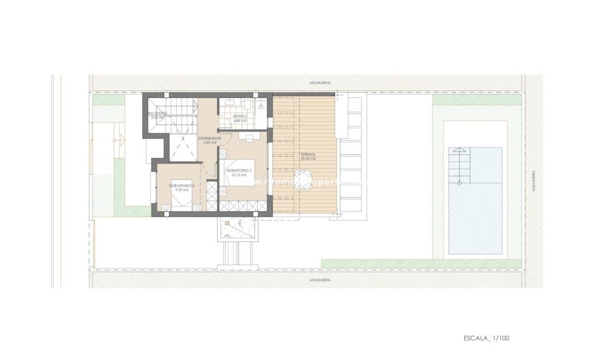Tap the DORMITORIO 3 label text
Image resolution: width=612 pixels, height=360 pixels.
[x=179, y=186]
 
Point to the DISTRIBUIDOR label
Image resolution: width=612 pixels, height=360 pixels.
[x=209, y=139]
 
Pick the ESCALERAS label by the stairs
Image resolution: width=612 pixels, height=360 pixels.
[x=158, y=113]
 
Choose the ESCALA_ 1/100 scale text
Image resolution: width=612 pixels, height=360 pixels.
[x=486, y=338]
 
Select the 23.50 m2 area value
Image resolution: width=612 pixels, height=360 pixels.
[x=309, y=159]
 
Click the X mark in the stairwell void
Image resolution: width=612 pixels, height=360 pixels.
[x=183, y=139]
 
